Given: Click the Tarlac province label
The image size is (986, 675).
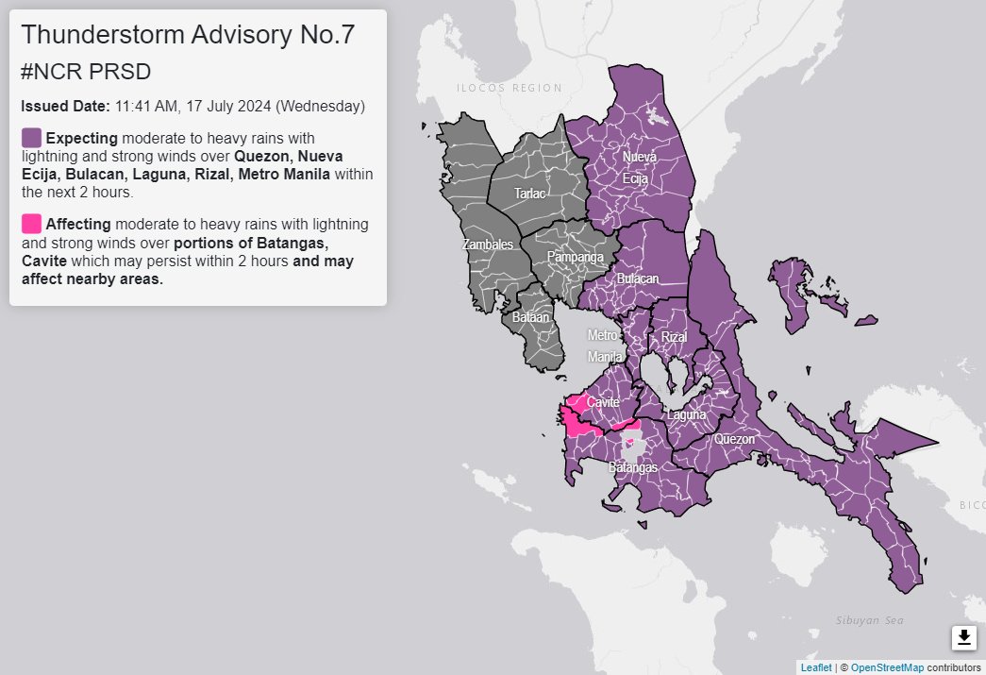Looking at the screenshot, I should [528, 194].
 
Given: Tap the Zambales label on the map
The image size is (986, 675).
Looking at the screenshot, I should [487, 245].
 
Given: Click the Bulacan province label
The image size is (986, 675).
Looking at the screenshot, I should [637, 279].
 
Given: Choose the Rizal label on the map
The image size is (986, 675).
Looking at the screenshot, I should [674, 337].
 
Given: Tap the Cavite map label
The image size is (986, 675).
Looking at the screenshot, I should [603, 402].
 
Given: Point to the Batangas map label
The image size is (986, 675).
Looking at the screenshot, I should [632, 467].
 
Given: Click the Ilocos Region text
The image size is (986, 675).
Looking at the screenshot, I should [510, 88].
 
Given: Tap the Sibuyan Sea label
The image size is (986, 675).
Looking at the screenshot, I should [869, 620].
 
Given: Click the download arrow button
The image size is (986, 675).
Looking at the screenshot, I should [963, 638].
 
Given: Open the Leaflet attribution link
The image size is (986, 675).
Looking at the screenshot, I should [816, 667].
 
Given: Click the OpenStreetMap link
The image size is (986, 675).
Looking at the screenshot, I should [887, 667].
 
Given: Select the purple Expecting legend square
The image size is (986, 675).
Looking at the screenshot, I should [31, 138].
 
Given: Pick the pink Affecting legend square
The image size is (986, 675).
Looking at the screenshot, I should [31, 224].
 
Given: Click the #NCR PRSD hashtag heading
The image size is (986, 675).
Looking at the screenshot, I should [86, 73].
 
